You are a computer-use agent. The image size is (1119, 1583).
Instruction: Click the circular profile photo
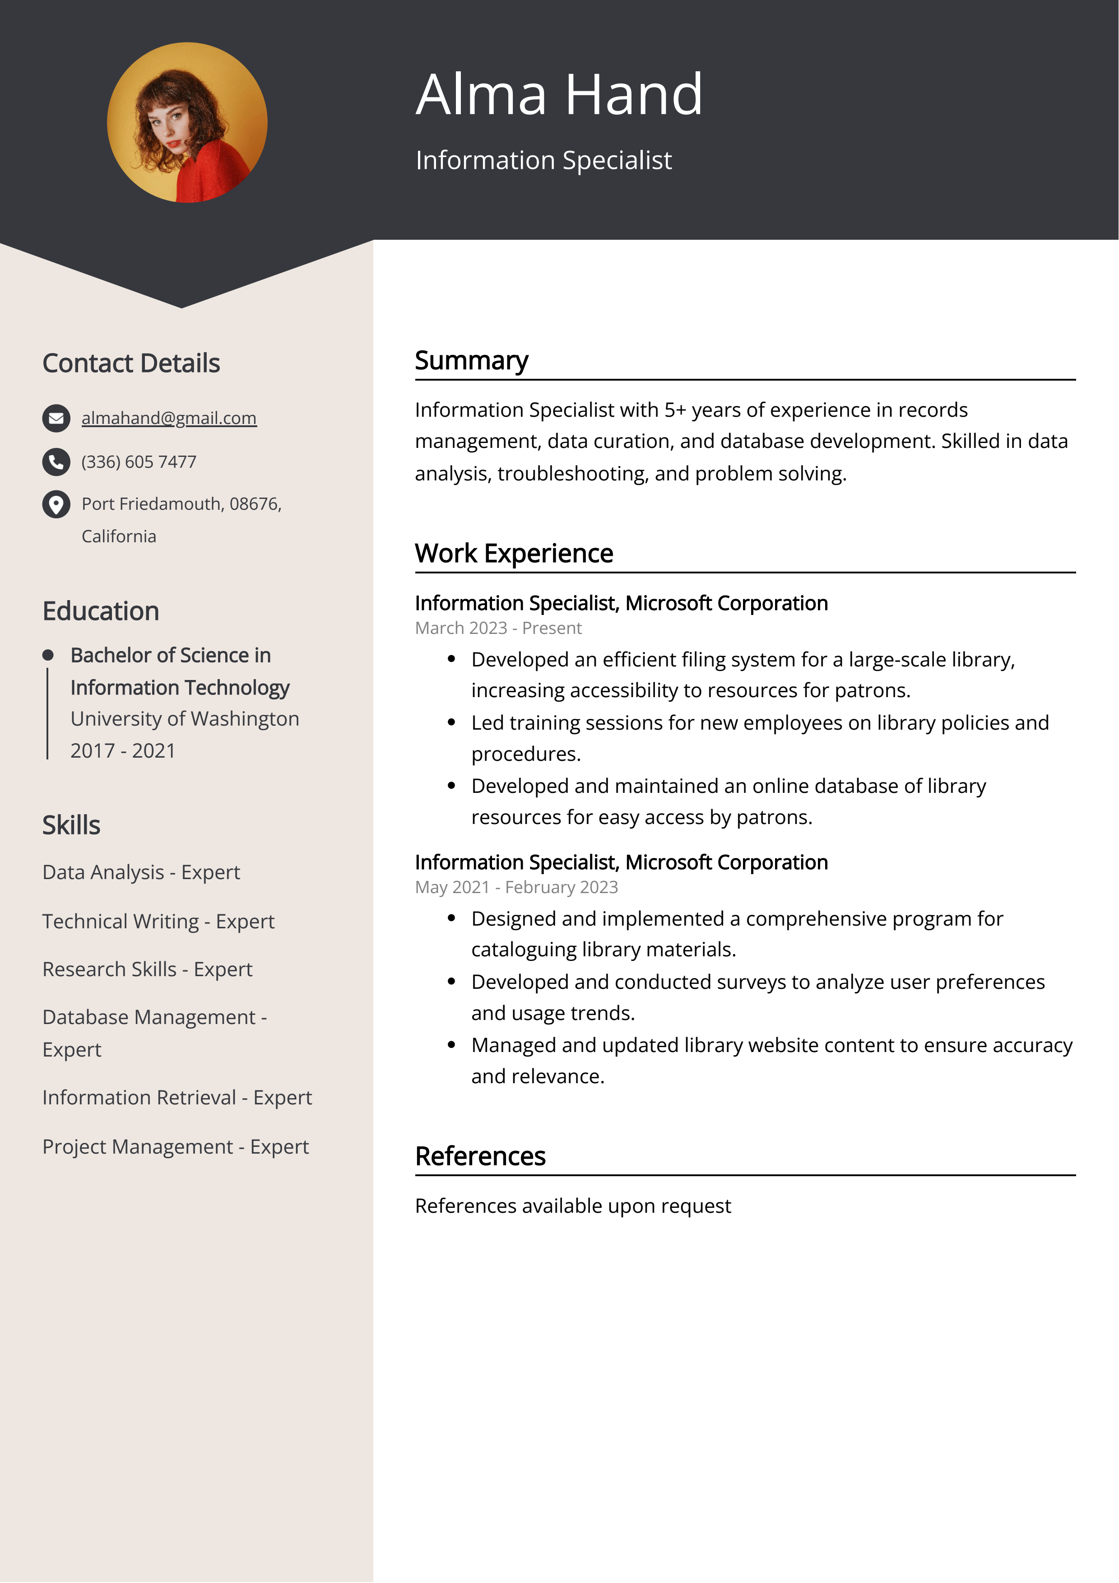[x=187, y=123]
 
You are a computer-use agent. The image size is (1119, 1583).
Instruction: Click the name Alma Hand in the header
[x=559, y=94]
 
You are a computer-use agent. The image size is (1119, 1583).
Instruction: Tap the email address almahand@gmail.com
[x=169, y=418]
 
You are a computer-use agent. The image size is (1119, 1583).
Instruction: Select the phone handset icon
[x=56, y=462]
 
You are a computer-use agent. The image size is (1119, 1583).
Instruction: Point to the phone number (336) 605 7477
[x=139, y=462]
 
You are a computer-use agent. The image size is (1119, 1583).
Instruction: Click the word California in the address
[x=119, y=536]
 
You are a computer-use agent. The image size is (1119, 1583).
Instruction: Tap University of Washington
[x=185, y=718]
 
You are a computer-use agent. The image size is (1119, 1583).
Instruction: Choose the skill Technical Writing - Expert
[x=158, y=921]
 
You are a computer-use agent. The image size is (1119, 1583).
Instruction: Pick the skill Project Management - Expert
[x=175, y=1146]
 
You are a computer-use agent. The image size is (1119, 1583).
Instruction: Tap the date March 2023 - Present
[x=498, y=628]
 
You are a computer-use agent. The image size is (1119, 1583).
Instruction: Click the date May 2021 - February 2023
[x=516, y=887]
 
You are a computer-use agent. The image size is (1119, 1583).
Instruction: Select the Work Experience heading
[x=514, y=554]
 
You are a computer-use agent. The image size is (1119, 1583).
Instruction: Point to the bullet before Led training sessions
[x=451, y=722]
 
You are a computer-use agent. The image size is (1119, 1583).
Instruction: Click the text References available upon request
[x=572, y=1206]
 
